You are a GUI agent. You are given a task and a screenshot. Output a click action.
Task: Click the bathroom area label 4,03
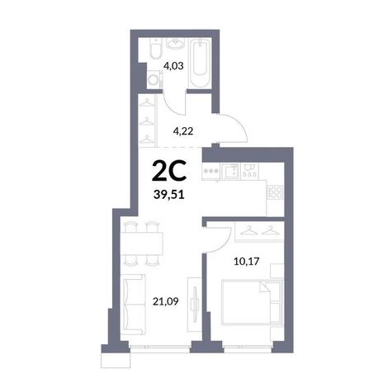(x=173, y=66)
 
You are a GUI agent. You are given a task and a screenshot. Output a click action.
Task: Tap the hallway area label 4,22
(x=183, y=131)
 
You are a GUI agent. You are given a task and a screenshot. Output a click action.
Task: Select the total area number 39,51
(x=169, y=195)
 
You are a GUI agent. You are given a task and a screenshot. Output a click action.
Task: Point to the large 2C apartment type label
(x=169, y=171)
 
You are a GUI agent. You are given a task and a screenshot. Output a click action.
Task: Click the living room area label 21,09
(x=166, y=301)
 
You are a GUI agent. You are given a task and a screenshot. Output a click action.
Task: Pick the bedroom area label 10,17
(x=247, y=261)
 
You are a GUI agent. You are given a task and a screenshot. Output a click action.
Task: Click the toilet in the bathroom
(x=156, y=49)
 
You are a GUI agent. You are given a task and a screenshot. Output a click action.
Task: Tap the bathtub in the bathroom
(x=200, y=63)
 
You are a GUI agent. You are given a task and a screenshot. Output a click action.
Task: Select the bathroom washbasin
(x=175, y=44)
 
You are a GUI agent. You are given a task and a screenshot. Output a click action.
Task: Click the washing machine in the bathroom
(x=154, y=79)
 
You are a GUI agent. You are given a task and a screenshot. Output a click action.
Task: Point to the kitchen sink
(x=230, y=171)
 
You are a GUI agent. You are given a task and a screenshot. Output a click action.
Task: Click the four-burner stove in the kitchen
(x=276, y=191)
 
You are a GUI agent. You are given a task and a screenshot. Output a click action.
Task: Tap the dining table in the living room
(x=142, y=244)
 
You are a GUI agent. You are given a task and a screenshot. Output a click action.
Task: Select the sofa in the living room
(x=133, y=305)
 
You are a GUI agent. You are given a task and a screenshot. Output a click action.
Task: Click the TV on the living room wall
(x=196, y=305)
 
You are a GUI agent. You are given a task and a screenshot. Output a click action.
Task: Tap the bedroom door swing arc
(x=225, y=244)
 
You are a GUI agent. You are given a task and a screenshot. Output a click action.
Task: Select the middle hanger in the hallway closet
(x=146, y=121)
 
